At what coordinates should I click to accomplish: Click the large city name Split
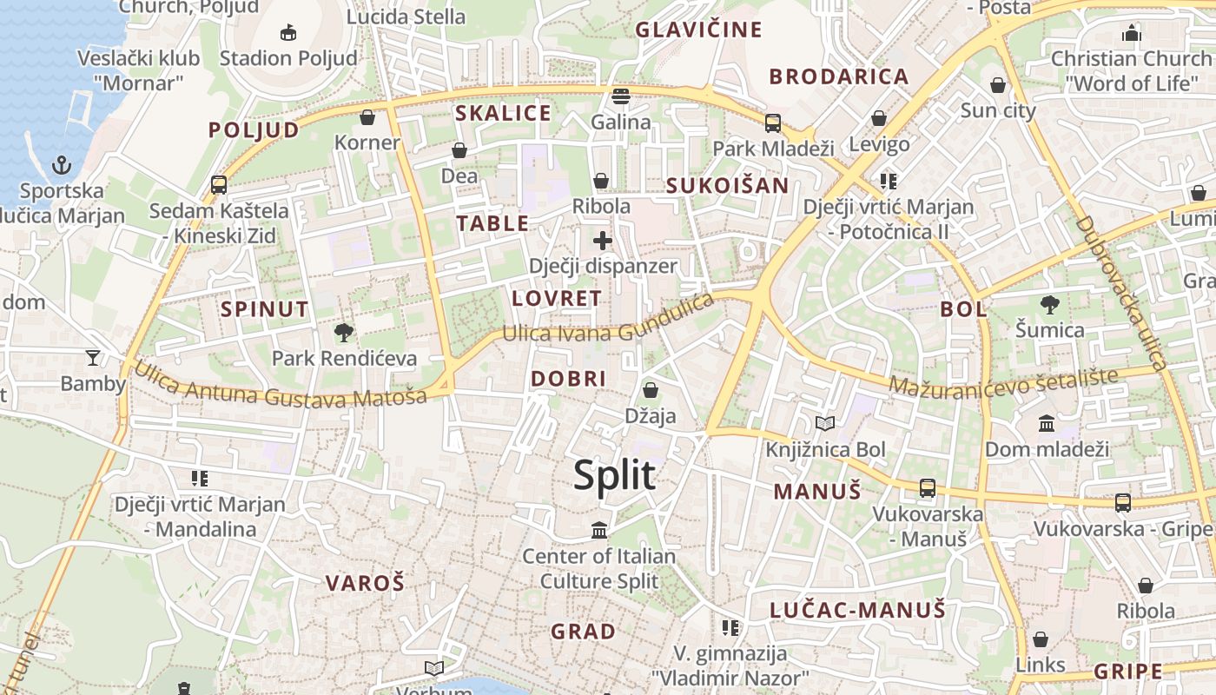point(614,475)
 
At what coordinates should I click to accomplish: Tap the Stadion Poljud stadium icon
point(288,33)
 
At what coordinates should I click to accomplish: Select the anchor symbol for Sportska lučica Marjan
point(62,164)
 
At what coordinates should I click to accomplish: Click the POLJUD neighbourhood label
point(254,130)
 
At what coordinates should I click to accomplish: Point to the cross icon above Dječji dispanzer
point(602,241)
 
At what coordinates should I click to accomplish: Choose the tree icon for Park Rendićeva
point(344,332)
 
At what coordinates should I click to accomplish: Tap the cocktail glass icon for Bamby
point(93,357)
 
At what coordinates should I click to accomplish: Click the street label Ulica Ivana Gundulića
point(608,320)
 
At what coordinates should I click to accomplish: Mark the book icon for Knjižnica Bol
point(825,424)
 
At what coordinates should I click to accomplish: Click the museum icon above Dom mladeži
point(1047,424)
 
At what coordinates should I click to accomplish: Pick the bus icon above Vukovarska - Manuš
point(928,488)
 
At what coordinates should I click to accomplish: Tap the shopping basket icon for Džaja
point(650,391)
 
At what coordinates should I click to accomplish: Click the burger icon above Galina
point(620,96)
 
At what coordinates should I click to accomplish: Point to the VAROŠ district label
point(365,583)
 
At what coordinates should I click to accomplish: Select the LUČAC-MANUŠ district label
point(857,610)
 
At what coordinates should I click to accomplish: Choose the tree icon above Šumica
point(1049,304)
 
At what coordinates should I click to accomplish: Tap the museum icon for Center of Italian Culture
point(599,530)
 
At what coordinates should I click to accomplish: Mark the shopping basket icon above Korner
point(367,117)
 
